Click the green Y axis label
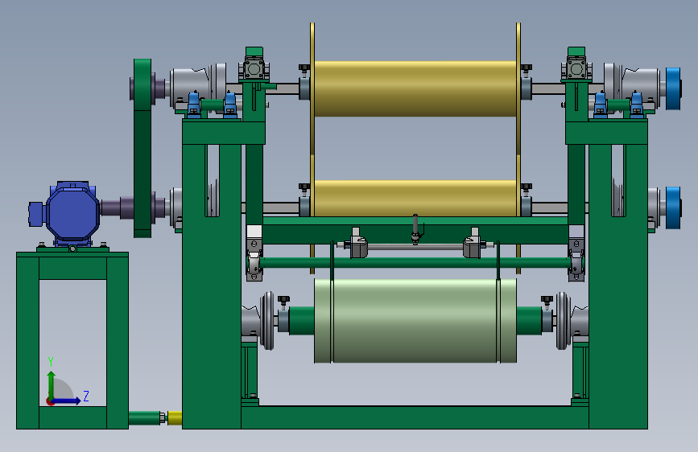pos(51,362)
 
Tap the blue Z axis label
pos(86,396)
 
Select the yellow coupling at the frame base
pos(175,417)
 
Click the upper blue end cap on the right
pos(674,88)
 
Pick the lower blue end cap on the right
pos(674,208)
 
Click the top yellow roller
pos(415,89)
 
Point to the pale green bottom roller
pos(415,321)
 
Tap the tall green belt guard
pos(142,148)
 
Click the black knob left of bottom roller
pos(283,301)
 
